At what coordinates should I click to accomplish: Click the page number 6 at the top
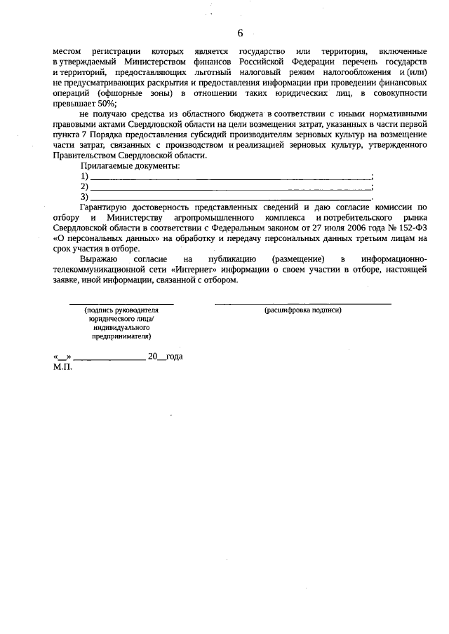click(240, 33)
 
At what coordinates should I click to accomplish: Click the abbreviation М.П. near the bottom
click(62, 366)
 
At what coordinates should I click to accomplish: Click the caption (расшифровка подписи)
click(302, 310)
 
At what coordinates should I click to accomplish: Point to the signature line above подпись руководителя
click(121, 303)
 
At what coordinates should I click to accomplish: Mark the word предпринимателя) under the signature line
click(121, 336)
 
